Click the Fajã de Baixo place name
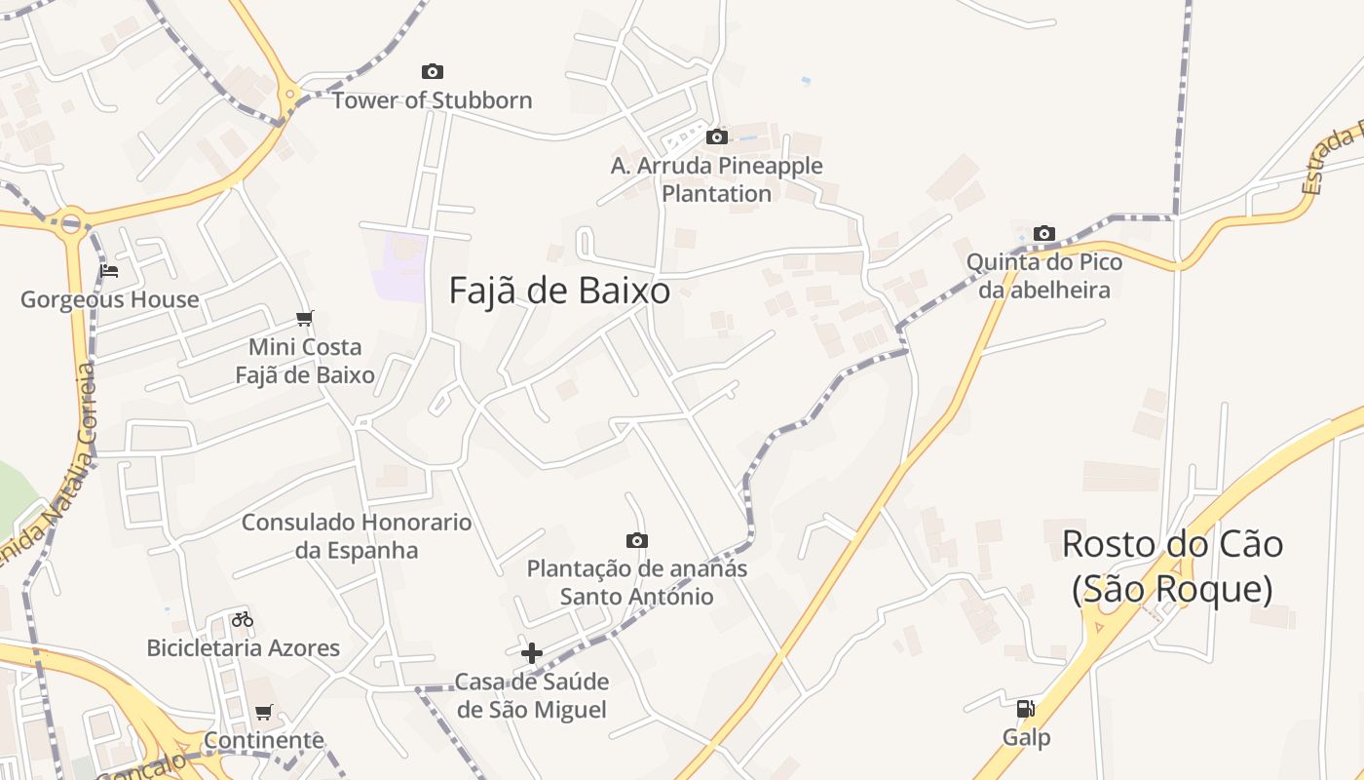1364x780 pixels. click(559, 291)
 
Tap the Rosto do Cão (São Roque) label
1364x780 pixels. click(1172, 566)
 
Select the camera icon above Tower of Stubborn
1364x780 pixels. click(433, 71)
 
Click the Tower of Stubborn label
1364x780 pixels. click(433, 100)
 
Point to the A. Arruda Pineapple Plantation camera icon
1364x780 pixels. click(717, 136)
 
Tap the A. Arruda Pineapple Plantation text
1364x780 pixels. click(717, 179)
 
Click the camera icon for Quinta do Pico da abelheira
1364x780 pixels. click(1044, 233)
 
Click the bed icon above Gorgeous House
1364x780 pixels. click(109, 270)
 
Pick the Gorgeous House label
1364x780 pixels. click(109, 299)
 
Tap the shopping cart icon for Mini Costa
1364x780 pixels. click(305, 318)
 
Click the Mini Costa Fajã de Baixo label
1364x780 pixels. click(305, 361)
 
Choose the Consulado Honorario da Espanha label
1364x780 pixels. click(357, 536)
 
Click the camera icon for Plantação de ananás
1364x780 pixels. click(637, 540)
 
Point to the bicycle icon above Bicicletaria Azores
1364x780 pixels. click(243, 619)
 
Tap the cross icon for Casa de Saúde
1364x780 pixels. click(532, 653)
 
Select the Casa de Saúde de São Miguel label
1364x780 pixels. click(532, 695)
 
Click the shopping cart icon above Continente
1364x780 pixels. click(264, 713)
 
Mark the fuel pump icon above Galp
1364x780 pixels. click(1026, 709)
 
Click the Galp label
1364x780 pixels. click(1027, 738)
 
